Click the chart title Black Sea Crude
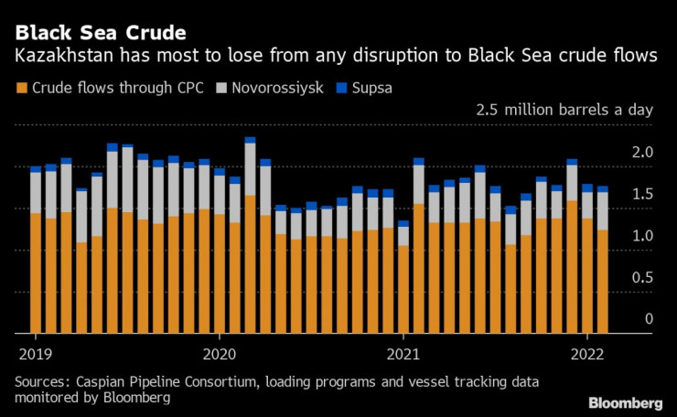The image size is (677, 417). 101,33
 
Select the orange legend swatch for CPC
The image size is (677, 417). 21,89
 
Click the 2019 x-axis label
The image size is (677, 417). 35,354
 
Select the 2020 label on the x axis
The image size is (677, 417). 220,354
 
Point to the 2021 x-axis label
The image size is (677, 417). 403,354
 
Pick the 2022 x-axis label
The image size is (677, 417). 586,354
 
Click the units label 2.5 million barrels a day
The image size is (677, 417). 564,110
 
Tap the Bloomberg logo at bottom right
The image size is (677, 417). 626,402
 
